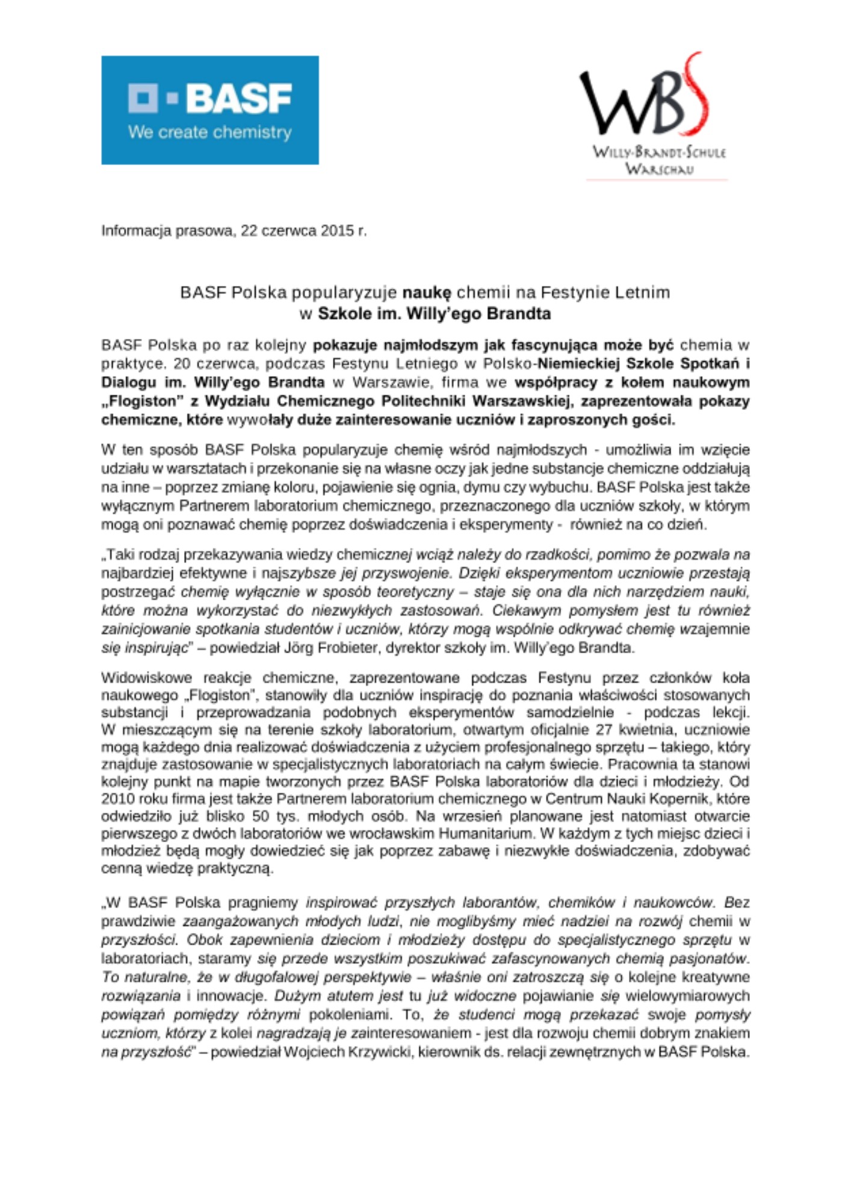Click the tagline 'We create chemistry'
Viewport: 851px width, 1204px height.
coord(209,132)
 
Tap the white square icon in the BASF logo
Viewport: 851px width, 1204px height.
coord(143,98)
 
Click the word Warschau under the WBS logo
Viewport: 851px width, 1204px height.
coord(659,169)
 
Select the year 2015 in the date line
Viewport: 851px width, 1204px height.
coord(338,231)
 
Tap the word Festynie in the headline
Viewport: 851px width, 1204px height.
coord(576,293)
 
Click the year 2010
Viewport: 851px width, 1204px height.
coord(119,799)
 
